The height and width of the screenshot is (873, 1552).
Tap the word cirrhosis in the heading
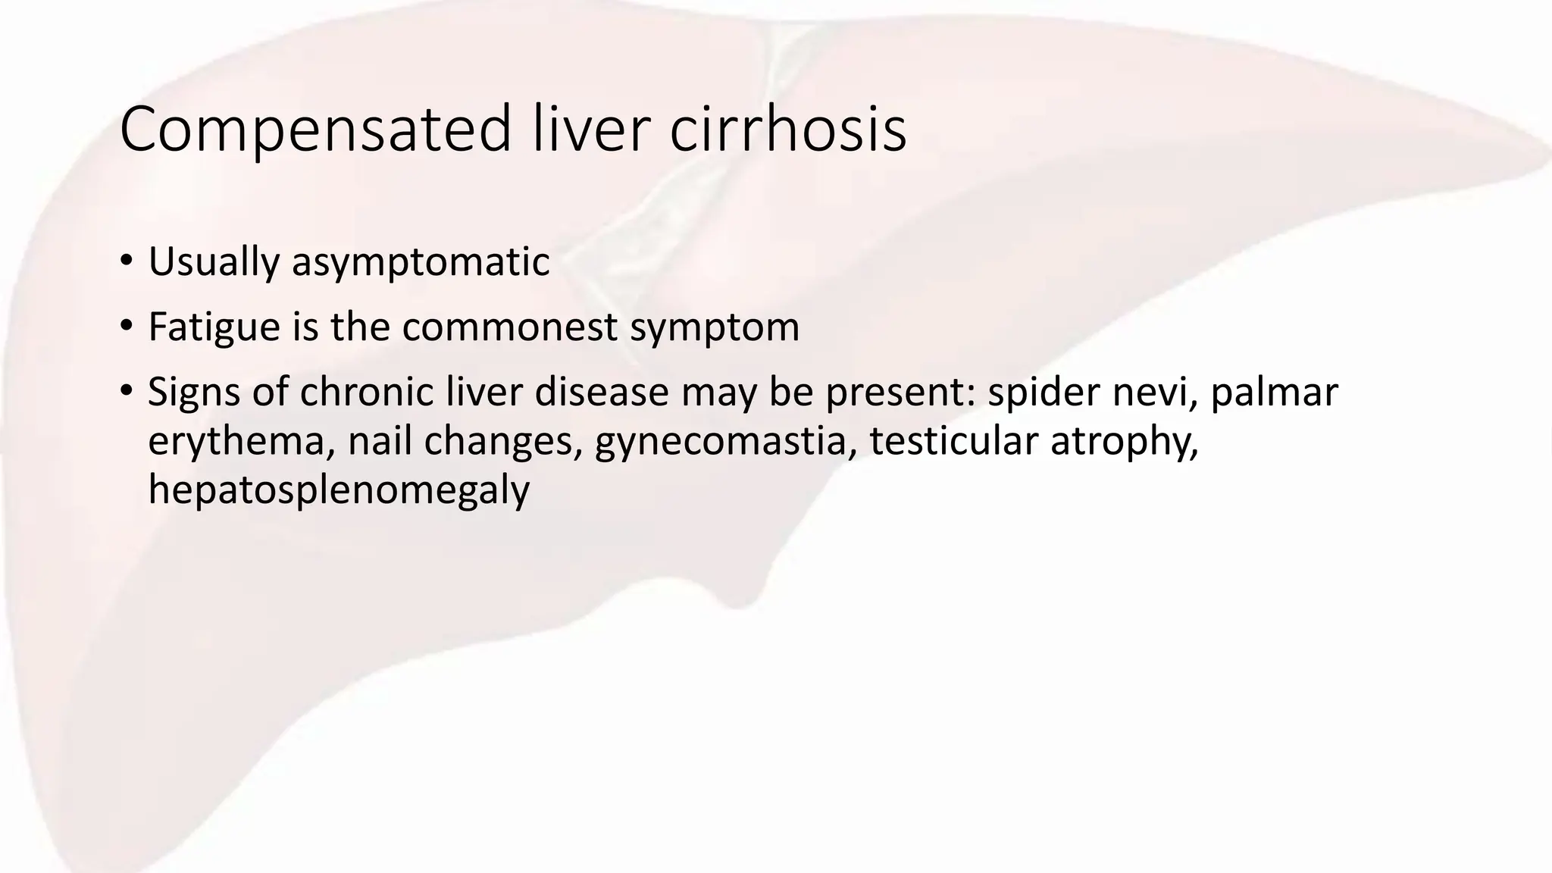click(x=787, y=130)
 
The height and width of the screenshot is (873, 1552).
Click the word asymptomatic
click(x=421, y=262)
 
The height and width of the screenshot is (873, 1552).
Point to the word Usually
click(x=214, y=262)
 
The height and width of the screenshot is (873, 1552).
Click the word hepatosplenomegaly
click(x=338, y=490)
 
